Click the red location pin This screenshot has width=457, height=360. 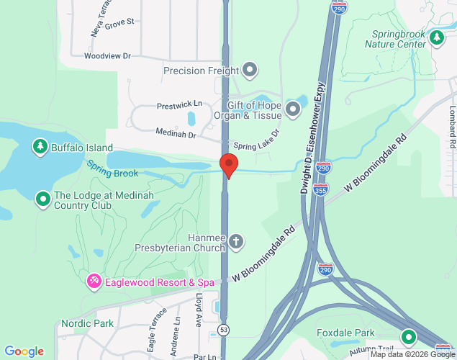pyautogui.click(x=229, y=165)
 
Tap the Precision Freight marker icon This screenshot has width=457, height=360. pyautogui.click(x=250, y=71)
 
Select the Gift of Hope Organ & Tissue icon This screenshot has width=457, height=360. pyautogui.click(x=293, y=109)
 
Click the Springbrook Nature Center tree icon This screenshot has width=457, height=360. pyautogui.click(x=436, y=37)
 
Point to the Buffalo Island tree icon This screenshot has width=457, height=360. pyautogui.click(x=40, y=148)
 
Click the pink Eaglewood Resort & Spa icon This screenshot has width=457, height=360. pyautogui.click(x=94, y=281)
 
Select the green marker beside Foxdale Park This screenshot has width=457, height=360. pyautogui.click(x=409, y=336)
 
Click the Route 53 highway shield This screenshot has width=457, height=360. pyautogui.click(x=225, y=329)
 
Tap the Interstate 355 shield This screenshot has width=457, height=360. pyautogui.click(x=321, y=189)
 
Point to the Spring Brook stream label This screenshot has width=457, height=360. pyautogui.click(x=112, y=168)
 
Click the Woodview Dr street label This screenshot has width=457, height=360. pyautogui.click(x=107, y=55)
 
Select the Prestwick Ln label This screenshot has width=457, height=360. pyautogui.click(x=179, y=104)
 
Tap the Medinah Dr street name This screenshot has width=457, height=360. pyautogui.click(x=176, y=132)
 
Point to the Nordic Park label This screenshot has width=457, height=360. pyautogui.click(x=87, y=323)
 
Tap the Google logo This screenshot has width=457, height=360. pyautogui.click(x=24, y=351)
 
